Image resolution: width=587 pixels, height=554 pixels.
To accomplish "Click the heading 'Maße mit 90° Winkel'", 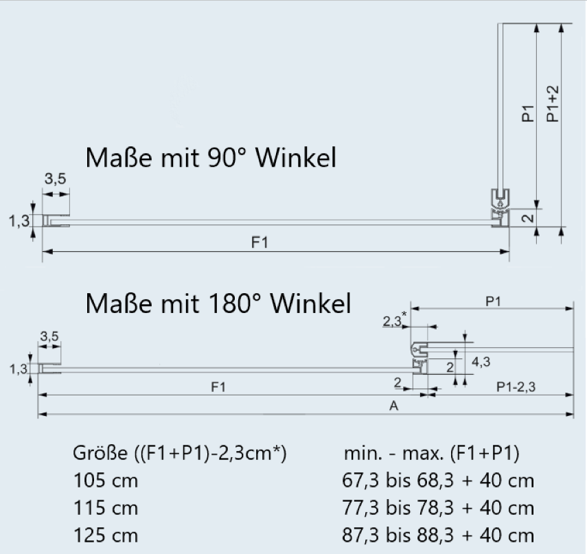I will [211, 159].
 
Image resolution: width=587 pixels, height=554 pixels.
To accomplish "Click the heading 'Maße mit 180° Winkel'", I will [218, 303].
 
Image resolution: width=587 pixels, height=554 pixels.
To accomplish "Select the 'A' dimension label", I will [394, 406].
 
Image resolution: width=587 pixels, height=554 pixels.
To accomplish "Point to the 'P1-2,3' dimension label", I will [516, 388].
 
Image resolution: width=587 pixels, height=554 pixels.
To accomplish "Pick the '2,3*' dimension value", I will [393, 320].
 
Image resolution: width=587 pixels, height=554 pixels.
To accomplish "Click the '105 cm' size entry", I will [105, 481].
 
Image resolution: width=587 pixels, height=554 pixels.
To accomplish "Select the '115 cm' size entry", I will [105, 508].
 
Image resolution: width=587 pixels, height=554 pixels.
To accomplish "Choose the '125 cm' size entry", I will [105, 535].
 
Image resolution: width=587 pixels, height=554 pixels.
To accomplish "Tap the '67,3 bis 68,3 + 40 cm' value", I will [438, 481].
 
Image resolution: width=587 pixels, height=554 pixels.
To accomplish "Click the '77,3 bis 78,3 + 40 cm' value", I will [438, 508].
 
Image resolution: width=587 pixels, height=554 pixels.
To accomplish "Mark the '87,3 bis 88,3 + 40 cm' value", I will [438, 535].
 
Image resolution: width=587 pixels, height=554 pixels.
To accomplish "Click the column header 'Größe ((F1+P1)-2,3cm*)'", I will [179, 454].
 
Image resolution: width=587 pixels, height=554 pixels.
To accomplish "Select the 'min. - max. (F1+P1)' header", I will [431, 454].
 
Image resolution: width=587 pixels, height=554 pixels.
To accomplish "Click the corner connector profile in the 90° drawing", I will [503, 207].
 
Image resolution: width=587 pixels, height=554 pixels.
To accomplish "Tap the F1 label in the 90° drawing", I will [260, 243].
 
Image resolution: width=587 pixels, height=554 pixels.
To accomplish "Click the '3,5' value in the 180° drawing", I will [49, 336].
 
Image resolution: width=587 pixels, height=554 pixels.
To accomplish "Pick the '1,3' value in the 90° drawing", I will [19, 220].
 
